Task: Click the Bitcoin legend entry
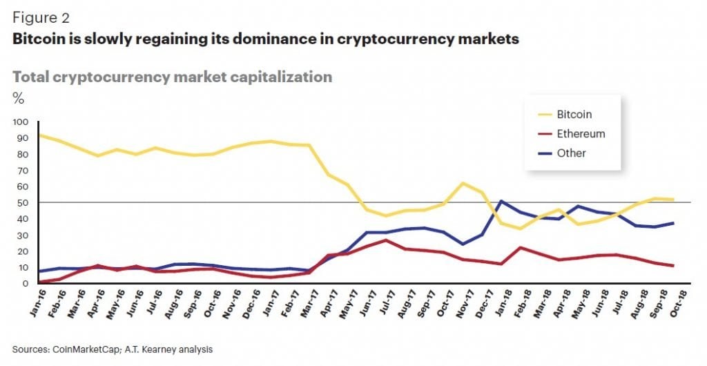pyautogui.click(x=574, y=115)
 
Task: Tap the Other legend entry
pyautogui.click(x=571, y=153)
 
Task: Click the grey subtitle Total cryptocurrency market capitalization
pyautogui.click(x=172, y=76)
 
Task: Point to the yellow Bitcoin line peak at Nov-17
pyautogui.click(x=462, y=183)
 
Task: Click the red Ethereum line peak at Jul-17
pyautogui.click(x=386, y=240)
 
